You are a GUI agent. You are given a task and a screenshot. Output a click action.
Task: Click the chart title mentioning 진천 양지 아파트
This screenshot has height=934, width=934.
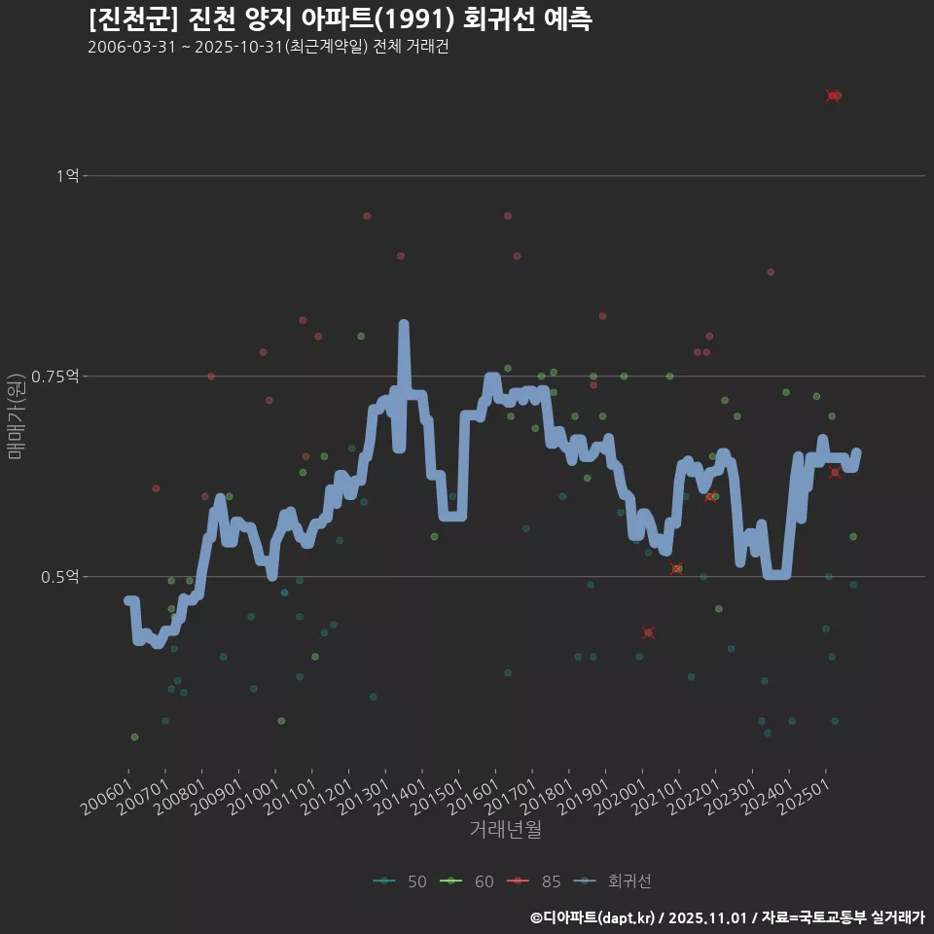pyautogui.click(x=339, y=19)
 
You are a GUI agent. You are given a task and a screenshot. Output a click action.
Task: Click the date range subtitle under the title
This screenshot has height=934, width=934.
pyautogui.click(x=268, y=48)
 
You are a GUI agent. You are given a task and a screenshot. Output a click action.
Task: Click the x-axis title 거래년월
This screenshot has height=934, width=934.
pyautogui.click(x=505, y=829)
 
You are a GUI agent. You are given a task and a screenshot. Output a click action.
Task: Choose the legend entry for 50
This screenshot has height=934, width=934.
pyautogui.click(x=400, y=881)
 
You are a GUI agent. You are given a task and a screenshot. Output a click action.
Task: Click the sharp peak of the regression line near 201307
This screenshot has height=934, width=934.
pyautogui.click(x=404, y=325)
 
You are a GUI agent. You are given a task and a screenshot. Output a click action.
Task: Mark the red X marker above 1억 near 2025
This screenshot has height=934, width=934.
pyautogui.click(x=832, y=95)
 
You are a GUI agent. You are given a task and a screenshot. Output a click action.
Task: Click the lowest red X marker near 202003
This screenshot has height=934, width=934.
pyautogui.click(x=648, y=633)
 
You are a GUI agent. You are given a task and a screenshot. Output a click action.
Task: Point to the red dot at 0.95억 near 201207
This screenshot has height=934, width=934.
pyautogui.click(x=367, y=216)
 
